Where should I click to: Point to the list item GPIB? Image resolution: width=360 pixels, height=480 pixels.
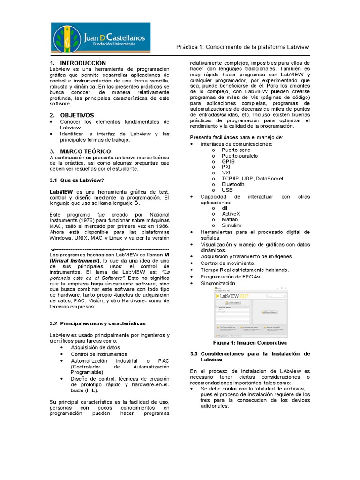point(228,161)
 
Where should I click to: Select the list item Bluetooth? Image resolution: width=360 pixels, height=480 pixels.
point(233,184)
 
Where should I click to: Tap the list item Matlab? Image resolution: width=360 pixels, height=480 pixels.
point(230,219)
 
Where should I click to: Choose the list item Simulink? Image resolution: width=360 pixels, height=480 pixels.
point(232,225)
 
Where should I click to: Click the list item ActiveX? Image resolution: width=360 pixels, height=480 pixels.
point(231,214)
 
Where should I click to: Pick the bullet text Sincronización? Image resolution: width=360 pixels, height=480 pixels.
point(218,283)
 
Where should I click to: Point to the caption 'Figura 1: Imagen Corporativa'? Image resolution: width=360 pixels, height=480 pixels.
point(250,343)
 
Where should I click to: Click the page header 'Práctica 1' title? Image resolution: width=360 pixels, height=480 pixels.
point(242,47)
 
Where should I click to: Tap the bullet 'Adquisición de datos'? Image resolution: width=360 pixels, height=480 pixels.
point(96,348)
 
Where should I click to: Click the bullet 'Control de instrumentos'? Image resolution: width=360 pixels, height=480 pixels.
point(99,354)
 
